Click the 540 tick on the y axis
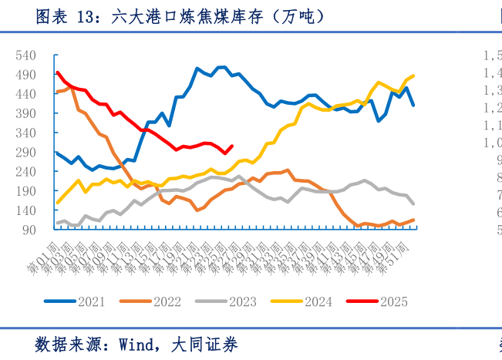pyautogui.click(x=25, y=56)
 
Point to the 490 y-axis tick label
pyautogui.click(x=25, y=75)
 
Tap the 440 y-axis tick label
pyautogui.click(x=25, y=94)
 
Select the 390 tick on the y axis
pyautogui.click(x=25, y=113)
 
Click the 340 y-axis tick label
pyautogui.click(x=25, y=133)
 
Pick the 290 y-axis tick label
pyautogui.click(x=25, y=153)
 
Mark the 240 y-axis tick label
pyautogui.click(x=25, y=172)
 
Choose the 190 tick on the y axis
pyautogui.click(x=25, y=191)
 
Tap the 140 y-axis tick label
pyautogui.click(x=25, y=210)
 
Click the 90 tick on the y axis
pyautogui.click(x=29, y=230)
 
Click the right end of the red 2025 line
pyautogui.click(x=233, y=146)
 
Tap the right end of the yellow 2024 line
pyautogui.click(x=414, y=76)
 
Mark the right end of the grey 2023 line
pyautogui.click(x=414, y=204)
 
